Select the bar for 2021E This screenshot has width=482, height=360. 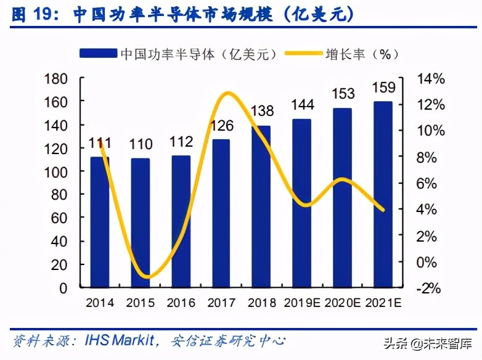pos(383,194)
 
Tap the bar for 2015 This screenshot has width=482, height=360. pos(141,223)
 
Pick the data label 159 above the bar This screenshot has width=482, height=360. pos(383,88)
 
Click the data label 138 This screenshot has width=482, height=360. pos(263,112)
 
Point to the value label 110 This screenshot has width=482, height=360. pos(141,145)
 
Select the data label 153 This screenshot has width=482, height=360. pos(343,94)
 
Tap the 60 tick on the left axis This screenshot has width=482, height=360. pos(59,218)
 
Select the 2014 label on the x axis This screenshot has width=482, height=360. pos(100,303)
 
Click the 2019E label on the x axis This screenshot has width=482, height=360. pos(303,303)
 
